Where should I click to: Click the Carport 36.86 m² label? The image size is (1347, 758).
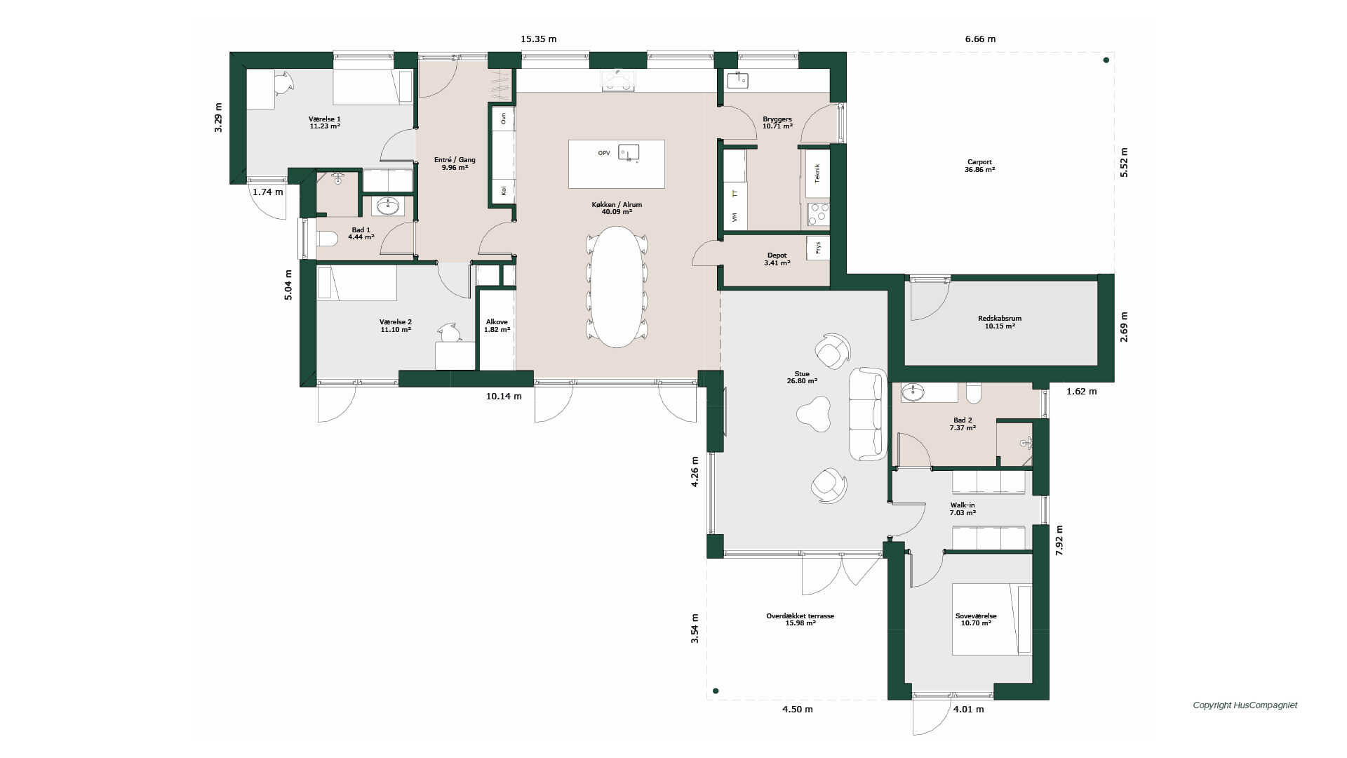(979, 166)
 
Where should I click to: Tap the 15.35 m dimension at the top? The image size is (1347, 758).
(539, 39)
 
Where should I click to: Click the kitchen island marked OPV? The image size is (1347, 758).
(616, 164)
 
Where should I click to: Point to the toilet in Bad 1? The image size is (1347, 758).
(327, 239)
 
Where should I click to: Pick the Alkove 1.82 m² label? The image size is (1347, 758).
(497, 326)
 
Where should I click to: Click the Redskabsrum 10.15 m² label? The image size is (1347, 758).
(1000, 322)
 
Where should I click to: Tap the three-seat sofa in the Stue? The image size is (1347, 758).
(868, 414)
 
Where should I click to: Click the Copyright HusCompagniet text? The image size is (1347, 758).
(1245, 705)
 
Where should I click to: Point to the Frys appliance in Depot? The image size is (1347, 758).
(818, 248)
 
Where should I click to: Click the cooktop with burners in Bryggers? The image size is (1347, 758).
(818, 215)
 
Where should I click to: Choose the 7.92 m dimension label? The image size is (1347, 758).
(1059, 540)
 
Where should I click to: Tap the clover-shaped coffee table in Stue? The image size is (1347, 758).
(814, 413)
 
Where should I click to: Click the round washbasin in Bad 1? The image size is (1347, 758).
(388, 206)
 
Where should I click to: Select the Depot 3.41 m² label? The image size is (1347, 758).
(777, 259)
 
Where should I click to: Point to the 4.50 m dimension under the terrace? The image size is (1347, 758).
(798, 709)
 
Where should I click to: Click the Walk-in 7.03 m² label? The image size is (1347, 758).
(963, 509)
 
